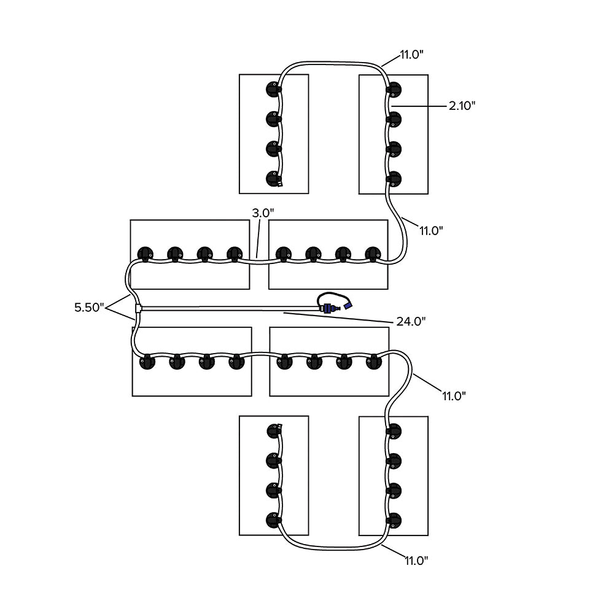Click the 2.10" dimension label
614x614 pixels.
[462, 106]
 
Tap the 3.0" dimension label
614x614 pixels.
[263, 213]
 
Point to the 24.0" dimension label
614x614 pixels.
[411, 321]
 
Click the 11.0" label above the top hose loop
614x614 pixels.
[411, 55]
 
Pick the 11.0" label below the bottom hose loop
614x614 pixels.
[416, 560]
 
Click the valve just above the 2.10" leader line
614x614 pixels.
[393, 90]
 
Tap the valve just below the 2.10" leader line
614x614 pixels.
[393, 118]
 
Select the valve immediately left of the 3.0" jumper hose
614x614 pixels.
[235, 254]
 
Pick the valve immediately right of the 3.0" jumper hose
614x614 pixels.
[283, 254]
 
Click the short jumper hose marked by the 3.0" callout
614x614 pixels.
[258, 261]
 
